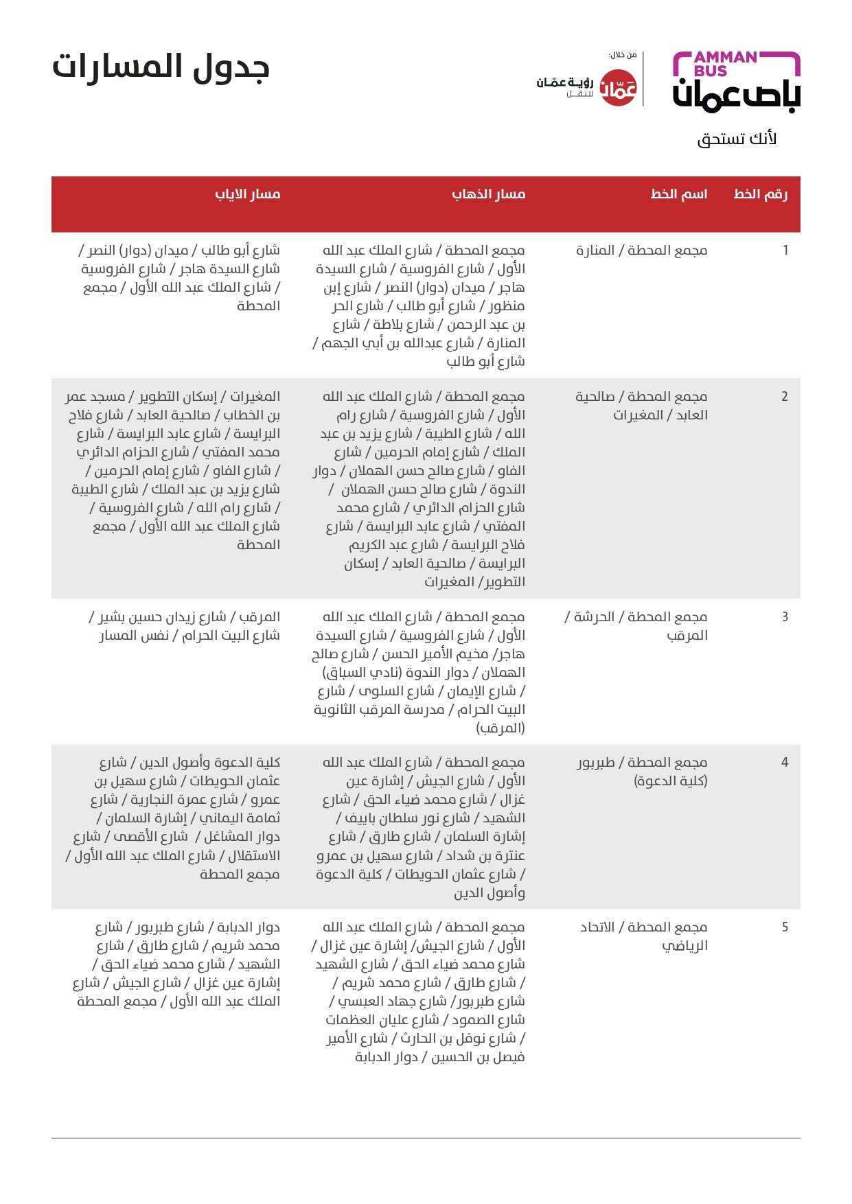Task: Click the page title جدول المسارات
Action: click(161, 67)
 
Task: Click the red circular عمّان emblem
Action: click(619, 89)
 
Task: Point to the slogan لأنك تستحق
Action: click(737, 139)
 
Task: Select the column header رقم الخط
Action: click(760, 194)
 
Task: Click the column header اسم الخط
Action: click(678, 194)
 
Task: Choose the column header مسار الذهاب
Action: click(488, 194)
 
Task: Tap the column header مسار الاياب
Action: click(248, 194)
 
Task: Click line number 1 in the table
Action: click(785, 251)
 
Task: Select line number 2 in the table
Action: click(785, 397)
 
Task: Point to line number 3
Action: click(785, 617)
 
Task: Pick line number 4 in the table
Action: click(785, 763)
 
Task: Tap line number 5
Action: click(785, 927)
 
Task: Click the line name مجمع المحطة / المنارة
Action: click(641, 251)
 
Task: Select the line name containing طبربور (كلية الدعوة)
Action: click(642, 772)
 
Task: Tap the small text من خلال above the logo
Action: click(623, 55)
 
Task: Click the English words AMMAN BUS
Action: click(725, 63)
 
